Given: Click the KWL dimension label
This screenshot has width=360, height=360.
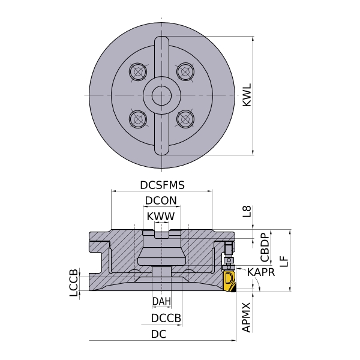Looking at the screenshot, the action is (247, 95).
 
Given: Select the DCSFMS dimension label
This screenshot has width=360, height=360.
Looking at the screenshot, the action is (163, 185).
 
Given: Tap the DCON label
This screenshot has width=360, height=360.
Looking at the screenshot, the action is (161, 200).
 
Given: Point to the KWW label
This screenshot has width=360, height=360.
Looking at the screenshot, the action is (161, 216).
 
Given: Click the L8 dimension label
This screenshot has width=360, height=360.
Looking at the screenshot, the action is (247, 211).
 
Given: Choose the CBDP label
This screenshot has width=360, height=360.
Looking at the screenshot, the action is (265, 247).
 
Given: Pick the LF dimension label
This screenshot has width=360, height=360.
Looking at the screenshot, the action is (284, 261).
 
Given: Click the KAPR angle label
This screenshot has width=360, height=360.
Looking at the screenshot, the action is (261, 272).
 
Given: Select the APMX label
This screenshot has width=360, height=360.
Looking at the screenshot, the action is (247, 317).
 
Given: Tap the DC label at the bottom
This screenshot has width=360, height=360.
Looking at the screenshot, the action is (158, 334).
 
